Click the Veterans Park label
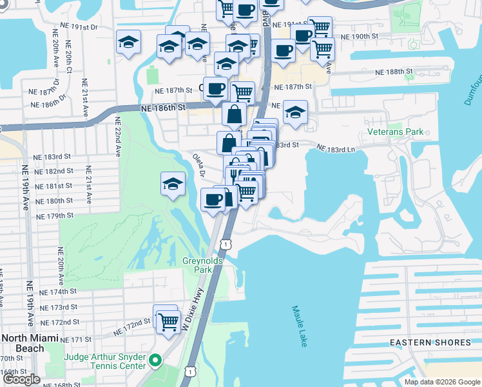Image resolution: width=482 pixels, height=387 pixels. [x=395, y=132]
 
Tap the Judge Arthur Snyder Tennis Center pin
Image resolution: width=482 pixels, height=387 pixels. [x=155, y=360]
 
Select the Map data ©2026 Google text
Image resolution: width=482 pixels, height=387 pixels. [x=441, y=382]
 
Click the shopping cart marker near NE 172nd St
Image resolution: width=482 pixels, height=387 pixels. [x=168, y=321]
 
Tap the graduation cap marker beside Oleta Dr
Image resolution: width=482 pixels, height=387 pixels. [x=173, y=184]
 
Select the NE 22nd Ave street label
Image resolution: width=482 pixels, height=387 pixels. [x=118, y=136]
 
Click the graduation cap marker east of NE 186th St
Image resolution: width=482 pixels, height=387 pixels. [x=295, y=112]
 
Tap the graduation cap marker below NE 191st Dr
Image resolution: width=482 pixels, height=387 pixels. [x=129, y=43]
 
